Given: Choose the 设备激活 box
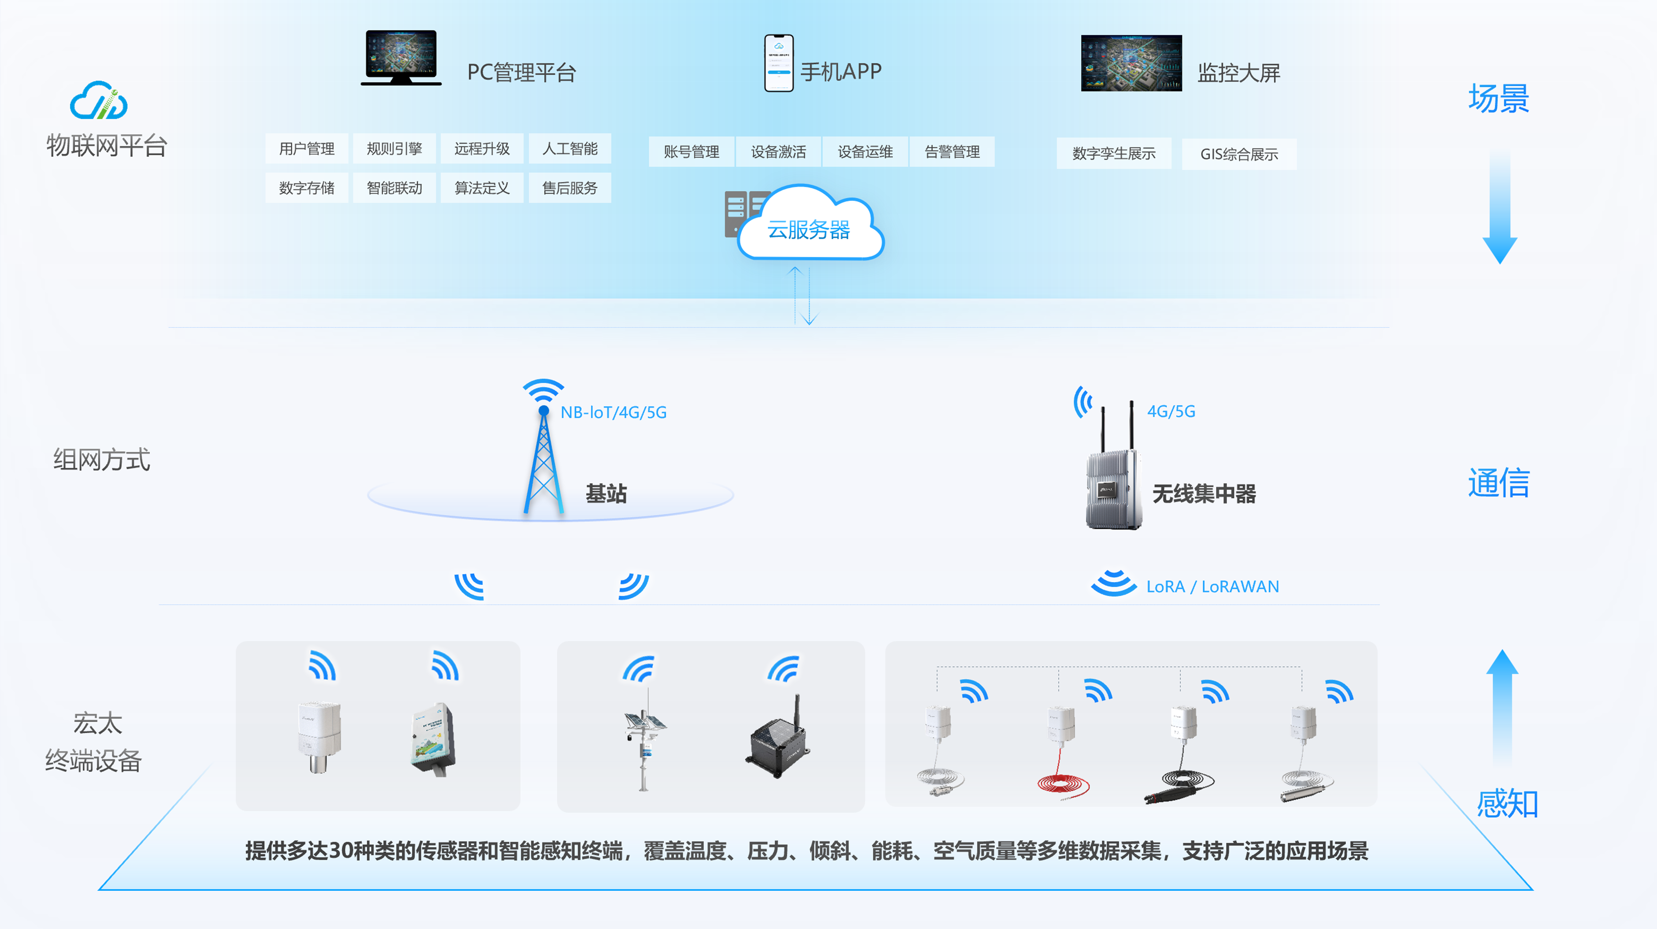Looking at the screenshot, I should [778, 152].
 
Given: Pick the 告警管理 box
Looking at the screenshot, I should [952, 152].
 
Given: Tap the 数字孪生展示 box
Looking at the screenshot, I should [1113, 154].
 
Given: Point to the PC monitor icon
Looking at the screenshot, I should [401, 57].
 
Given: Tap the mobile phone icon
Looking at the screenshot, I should [778, 63].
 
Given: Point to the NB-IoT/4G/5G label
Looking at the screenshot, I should [613, 412].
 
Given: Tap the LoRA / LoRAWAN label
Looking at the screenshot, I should [1213, 587].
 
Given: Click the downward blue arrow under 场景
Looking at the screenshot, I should [1500, 206].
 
